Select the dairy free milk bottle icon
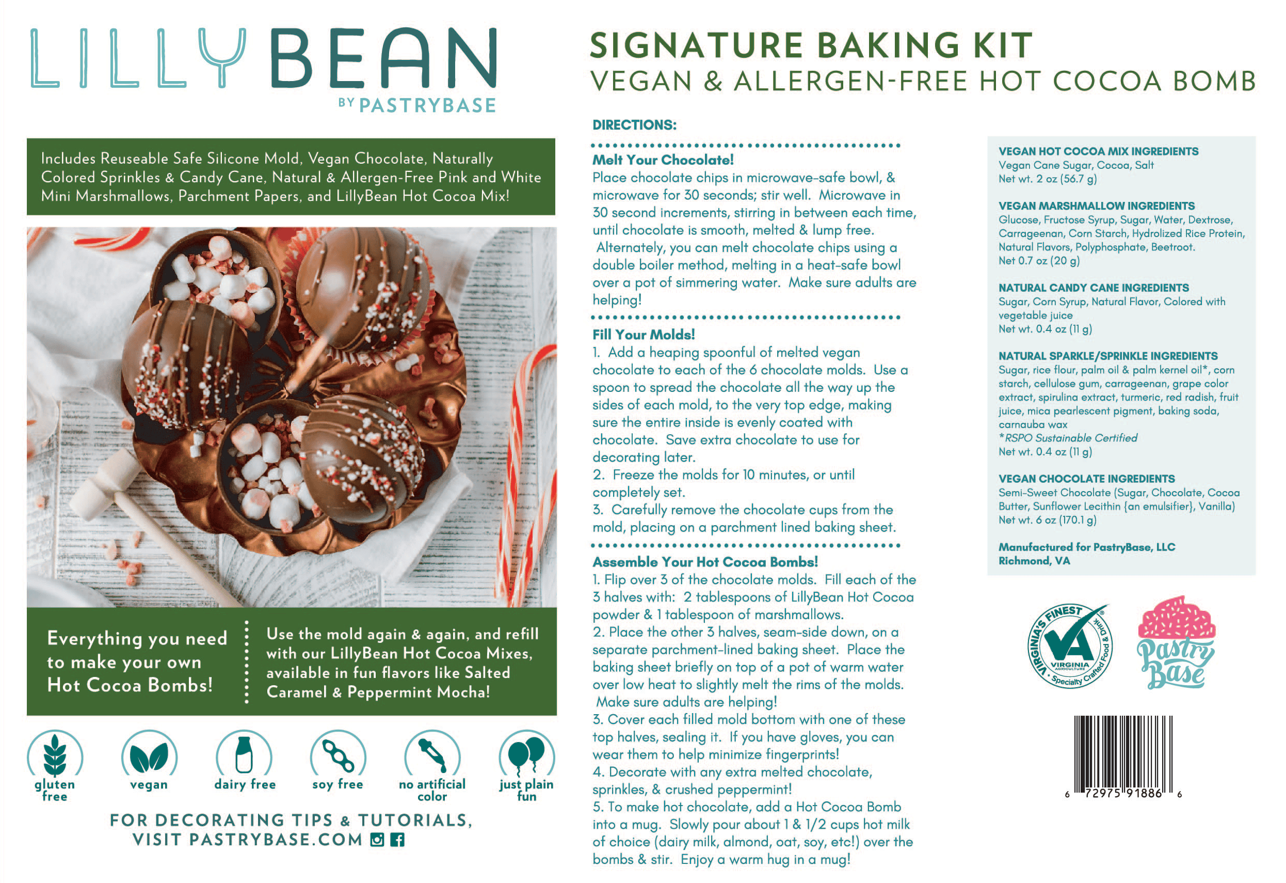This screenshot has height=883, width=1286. [244, 754]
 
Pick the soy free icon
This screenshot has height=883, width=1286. [338, 754]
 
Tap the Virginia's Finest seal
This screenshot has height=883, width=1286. [1069, 646]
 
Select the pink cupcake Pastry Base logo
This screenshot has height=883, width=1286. [1176, 642]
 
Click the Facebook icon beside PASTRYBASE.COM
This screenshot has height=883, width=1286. [397, 840]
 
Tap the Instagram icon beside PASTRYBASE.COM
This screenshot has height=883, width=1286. [377, 840]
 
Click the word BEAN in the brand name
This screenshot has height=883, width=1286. [383, 58]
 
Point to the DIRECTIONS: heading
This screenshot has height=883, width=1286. [634, 124]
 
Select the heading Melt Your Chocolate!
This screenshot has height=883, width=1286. [663, 160]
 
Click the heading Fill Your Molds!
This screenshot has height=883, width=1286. [644, 335]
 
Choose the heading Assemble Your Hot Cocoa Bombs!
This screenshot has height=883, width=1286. [705, 562]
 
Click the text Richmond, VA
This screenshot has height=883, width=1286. [1034, 561]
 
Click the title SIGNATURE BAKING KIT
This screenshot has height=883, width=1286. [811, 45]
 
